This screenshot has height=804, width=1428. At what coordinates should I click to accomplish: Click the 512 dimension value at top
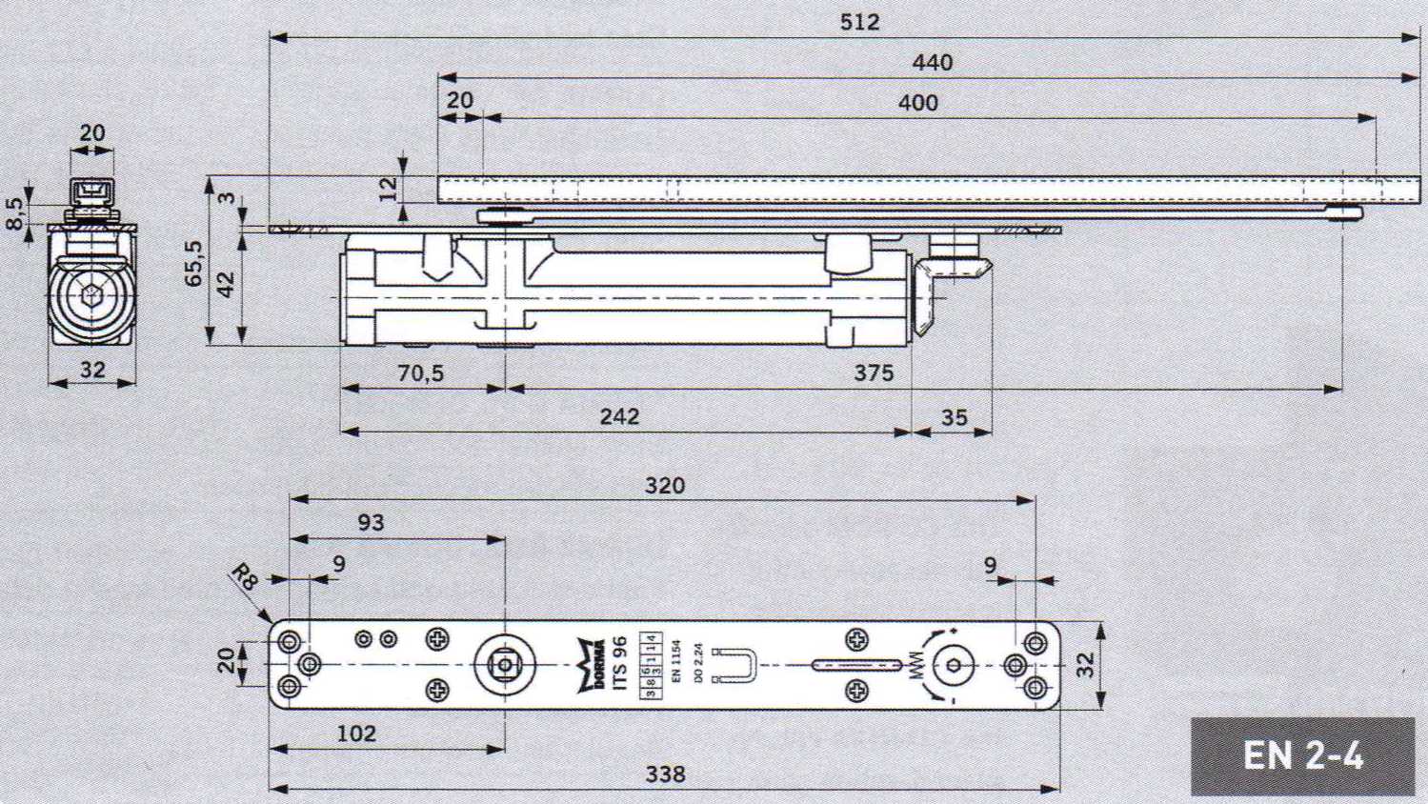pos(859,22)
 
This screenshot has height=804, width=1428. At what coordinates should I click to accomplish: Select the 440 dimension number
pos(932,63)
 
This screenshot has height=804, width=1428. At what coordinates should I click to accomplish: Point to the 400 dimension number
pos(917,103)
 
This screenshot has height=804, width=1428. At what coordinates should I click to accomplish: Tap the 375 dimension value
pos(873,373)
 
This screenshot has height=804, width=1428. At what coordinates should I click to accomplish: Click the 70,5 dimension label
pos(420,373)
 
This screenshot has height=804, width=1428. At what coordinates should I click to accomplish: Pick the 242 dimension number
pos(619,417)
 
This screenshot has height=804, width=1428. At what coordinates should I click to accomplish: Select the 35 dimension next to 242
pos(954,417)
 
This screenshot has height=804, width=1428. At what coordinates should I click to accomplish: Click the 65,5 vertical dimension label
pos(193,263)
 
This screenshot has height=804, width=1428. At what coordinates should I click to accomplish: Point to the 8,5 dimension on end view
pos(14,212)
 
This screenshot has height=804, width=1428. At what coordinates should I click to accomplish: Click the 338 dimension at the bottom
pos(665,774)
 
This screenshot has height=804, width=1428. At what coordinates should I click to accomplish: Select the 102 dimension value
pos(356,734)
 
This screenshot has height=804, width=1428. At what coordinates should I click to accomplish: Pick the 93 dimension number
pos(371,522)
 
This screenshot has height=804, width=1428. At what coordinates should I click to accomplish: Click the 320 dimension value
pos(664,486)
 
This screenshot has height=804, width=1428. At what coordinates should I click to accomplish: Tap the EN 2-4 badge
pos(1302,756)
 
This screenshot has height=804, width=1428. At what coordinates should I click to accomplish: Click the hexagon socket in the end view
pos(92,295)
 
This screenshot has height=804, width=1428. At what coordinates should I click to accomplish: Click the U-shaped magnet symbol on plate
pos(739,665)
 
